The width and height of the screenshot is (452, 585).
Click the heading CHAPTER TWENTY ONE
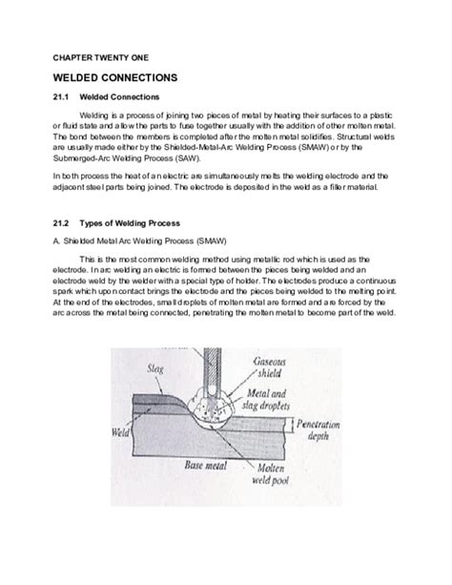(101, 58)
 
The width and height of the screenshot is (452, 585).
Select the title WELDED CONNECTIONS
(115, 77)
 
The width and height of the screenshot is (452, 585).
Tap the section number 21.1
(61, 97)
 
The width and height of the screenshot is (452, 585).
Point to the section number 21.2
(61, 223)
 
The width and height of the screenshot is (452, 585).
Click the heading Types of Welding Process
(130, 223)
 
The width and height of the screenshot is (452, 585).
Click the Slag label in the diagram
(155, 368)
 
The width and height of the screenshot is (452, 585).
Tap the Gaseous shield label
(269, 367)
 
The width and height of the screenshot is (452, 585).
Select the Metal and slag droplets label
(266, 399)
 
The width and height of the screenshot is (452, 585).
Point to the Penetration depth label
(318, 429)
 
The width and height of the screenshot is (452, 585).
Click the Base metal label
(205, 466)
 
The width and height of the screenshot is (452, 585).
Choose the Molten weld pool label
(271, 473)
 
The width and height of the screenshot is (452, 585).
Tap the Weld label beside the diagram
(120, 432)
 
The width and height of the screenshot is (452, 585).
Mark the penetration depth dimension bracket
(291, 425)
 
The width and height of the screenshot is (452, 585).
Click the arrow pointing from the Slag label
(158, 385)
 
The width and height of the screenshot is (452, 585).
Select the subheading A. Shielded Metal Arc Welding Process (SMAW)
(139, 241)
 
